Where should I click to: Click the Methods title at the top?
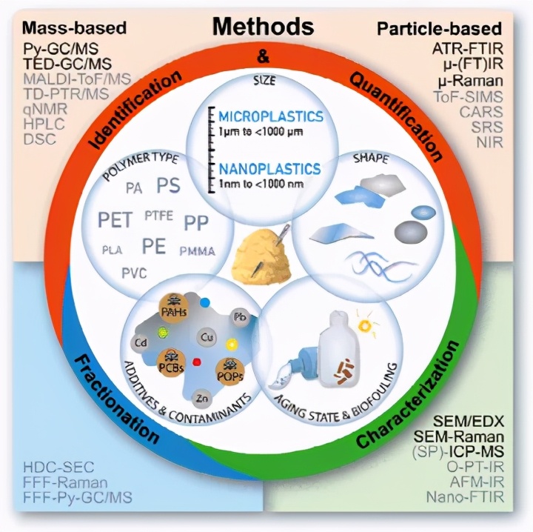pyautogui.click(x=264, y=27)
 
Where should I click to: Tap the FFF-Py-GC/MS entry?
pyautogui.click(x=82, y=497)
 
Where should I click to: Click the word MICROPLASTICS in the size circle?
pyautogui.click(x=271, y=117)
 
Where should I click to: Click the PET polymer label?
pyautogui.click(x=118, y=220)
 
